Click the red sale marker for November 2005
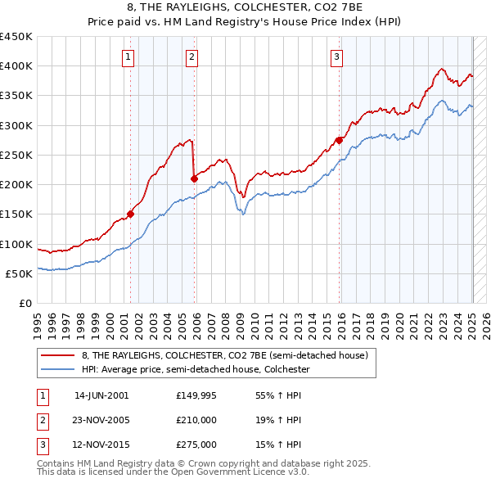pos(194,178)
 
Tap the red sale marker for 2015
pos(340,140)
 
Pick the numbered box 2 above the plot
pos(191,56)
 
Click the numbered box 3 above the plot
pos(336,56)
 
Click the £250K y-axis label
pos(16,155)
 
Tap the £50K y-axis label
pos(19,273)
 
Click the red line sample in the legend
pos(58,355)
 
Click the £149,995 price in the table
pos(196,395)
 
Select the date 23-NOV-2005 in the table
pos(101,420)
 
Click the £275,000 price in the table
pos(196,445)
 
